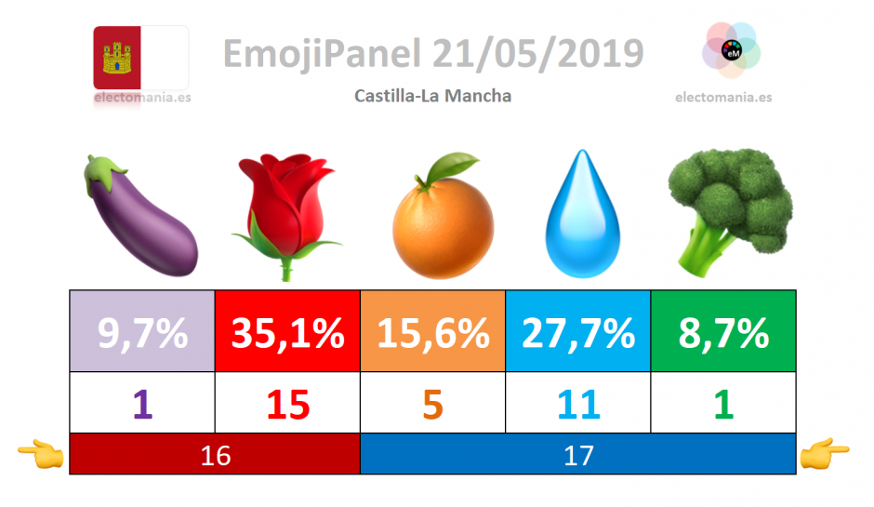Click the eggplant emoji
click(x=140, y=216)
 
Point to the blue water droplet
click(x=582, y=214)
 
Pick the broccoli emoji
click(x=730, y=212)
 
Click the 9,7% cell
click(x=142, y=331)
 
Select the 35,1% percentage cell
click(x=287, y=331)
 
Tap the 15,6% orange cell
click(x=432, y=331)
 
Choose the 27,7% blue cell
click(x=578, y=331)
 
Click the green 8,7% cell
click(x=723, y=331)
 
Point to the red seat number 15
click(x=287, y=405)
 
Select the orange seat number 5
click(x=432, y=405)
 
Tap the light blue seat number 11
click(x=578, y=405)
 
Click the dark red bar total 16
click(x=215, y=454)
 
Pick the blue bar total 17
click(x=578, y=454)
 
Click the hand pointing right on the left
click(x=41, y=453)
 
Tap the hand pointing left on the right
click(x=825, y=453)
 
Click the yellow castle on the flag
click(x=117, y=58)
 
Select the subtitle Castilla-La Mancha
click(x=432, y=96)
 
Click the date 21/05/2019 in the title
click(x=538, y=54)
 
